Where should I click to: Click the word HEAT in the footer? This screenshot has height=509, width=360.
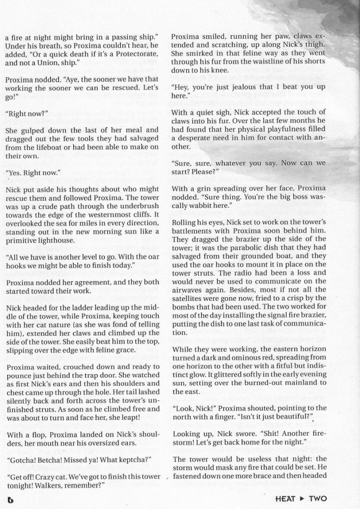click(287, 499)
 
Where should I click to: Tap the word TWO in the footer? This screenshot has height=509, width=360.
click(317, 499)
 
